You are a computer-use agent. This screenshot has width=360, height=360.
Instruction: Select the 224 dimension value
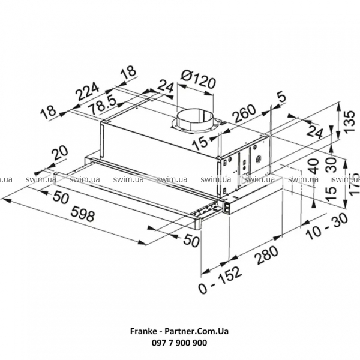[x=88, y=92]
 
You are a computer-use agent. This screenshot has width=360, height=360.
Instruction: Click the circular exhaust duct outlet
[x=194, y=118]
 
